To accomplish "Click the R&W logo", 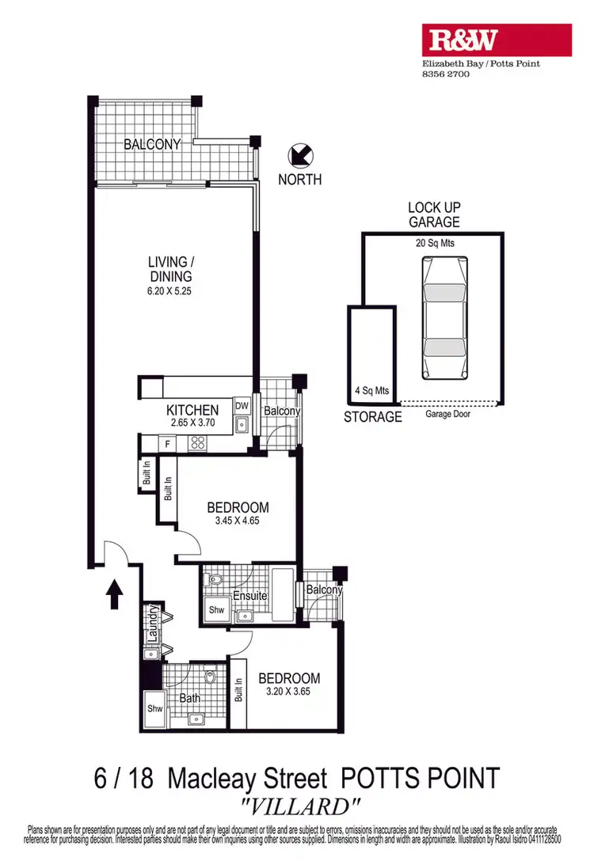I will tap(496, 40).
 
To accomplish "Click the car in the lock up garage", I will tap(446, 319).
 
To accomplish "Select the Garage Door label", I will tap(447, 414).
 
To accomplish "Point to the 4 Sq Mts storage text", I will tap(371, 391).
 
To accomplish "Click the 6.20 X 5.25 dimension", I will tap(170, 290).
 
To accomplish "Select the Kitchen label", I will tap(192, 411).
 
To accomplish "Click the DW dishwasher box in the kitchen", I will tap(242, 406).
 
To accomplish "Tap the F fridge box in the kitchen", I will tap(168, 444).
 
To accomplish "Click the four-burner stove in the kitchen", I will tap(196, 444).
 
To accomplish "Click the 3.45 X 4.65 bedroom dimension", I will tap(238, 522).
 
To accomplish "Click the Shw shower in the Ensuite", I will tap(215, 611).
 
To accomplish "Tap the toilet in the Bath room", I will tap(210, 677).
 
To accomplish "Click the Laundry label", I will tap(148, 623).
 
